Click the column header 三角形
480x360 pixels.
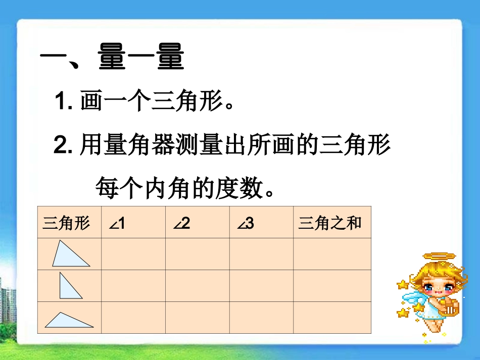[66, 223]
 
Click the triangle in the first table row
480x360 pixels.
[70, 254]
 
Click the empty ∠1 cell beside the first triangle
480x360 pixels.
[133, 254]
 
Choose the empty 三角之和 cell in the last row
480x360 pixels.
[332, 318]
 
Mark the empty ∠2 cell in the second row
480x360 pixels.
[197, 286]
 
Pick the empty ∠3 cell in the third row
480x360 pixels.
[261, 318]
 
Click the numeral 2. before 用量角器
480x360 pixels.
[65, 146]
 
